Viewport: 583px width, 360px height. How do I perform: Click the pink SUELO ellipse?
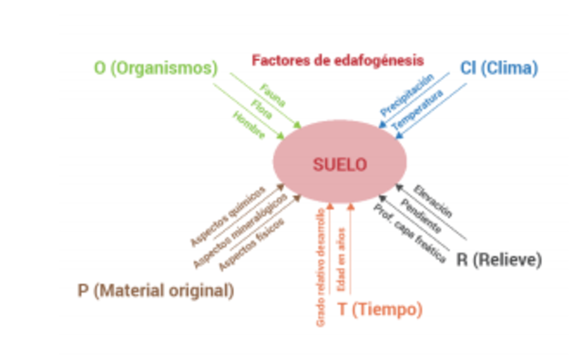coord(338,165)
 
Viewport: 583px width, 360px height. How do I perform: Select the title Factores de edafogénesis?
coord(337,61)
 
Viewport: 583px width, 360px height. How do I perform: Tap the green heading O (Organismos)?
coord(157,67)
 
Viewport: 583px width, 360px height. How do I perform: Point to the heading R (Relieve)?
coord(498,260)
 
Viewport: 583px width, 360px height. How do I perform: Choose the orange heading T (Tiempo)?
coord(380,309)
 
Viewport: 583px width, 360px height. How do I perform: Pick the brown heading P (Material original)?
coord(156,291)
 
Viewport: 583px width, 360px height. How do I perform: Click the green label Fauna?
coord(272,92)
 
